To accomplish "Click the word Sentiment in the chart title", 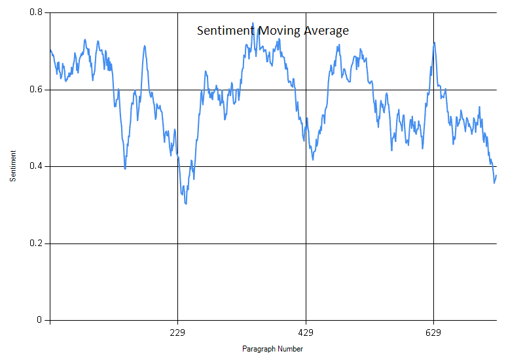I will pyautogui.click(x=225, y=31).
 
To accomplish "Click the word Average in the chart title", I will pyautogui.click(x=326, y=31).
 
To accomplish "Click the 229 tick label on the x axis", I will pyautogui.click(x=178, y=333).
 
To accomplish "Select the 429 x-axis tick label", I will pyautogui.click(x=306, y=333).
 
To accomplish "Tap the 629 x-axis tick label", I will pyautogui.click(x=433, y=333).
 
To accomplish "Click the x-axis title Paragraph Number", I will pyautogui.click(x=272, y=349).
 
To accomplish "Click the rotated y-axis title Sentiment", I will pyautogui.click(x=13, y=166).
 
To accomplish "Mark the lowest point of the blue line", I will pyautogui.click(x=186, y=204).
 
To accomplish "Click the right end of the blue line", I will pyautogui.click(x=496, y=175).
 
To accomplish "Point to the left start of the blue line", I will pyautogui.click(x=50, y=50).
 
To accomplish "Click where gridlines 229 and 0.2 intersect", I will pyautogui.click(x=178, y=243).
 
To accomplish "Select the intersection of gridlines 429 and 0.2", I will pyautogui.click(x=306, y=243).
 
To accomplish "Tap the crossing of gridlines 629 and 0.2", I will pyautogui.click(x=433, y=243).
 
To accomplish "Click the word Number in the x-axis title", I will pyautogui.click(x=291, y=349).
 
